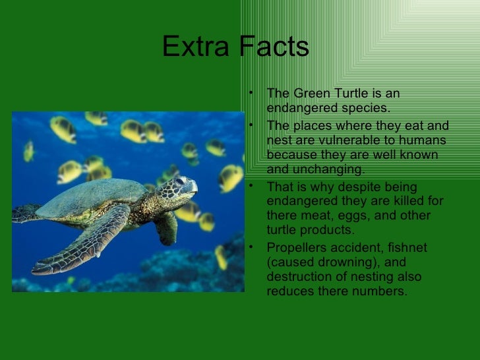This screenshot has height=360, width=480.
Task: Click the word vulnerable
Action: [x=354, y=140]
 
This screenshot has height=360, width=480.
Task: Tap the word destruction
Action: [x=299, y=277]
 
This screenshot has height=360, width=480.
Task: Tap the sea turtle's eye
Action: [x=179, y=181]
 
